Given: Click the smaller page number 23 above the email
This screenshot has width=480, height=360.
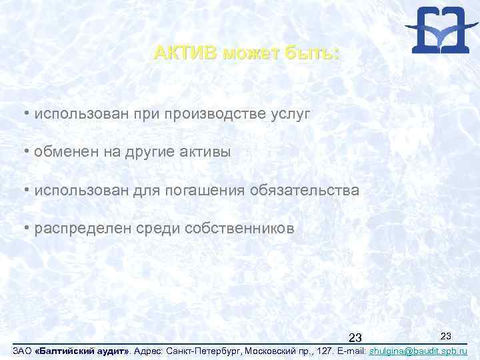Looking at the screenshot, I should point(447,334).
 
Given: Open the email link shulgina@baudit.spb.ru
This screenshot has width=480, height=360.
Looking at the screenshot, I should point(417,350).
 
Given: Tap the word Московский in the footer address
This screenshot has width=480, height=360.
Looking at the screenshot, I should point(275,350).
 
